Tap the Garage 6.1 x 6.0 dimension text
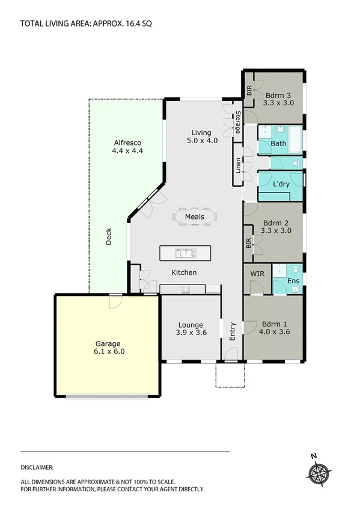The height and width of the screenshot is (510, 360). coord(108,352)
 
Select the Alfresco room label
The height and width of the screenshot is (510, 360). coord(127,143)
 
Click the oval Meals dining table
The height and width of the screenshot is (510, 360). coord(195,217)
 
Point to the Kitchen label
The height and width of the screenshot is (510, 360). coord(184,272)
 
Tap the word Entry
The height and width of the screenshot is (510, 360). coord(233,331)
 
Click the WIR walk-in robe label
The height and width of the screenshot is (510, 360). coord(257,274)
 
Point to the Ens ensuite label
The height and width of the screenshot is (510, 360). coord(293,281)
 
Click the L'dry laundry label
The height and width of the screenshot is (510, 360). coord(281,183)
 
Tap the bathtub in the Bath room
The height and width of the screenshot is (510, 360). coord(296,140)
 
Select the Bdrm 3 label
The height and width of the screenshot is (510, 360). coord(279,94)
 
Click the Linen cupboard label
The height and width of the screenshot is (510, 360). coord(239,165)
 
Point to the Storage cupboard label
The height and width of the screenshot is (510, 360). coord(238,123)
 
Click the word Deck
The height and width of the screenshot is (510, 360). coord(109,236)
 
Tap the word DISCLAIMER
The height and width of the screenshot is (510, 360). coord(37,467)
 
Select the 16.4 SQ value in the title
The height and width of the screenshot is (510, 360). coord(139,24)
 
